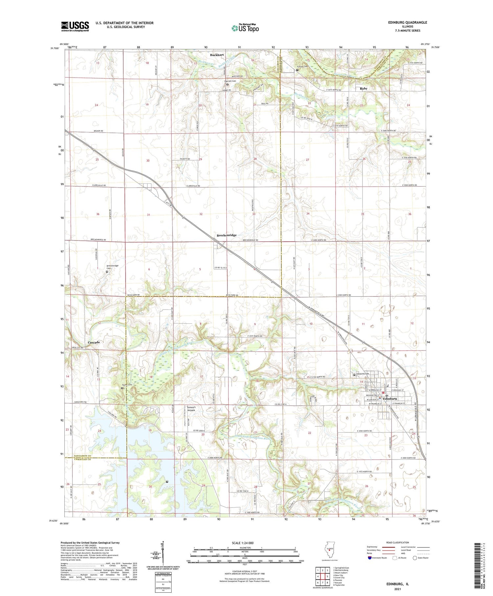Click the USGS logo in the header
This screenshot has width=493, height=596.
tap(75, 26)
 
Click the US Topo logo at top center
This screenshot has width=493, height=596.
tap(245, 28)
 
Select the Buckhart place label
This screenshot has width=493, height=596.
tap(217, 55)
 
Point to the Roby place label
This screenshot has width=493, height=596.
tap(363, 88)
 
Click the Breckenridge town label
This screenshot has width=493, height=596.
tap(226, 235)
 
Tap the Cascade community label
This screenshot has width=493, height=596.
tap(94, 342)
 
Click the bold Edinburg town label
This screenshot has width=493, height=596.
tap(390, 399)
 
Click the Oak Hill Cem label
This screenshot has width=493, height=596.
tap(230, 81)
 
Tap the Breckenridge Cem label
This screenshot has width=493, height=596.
tap(112, 267)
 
